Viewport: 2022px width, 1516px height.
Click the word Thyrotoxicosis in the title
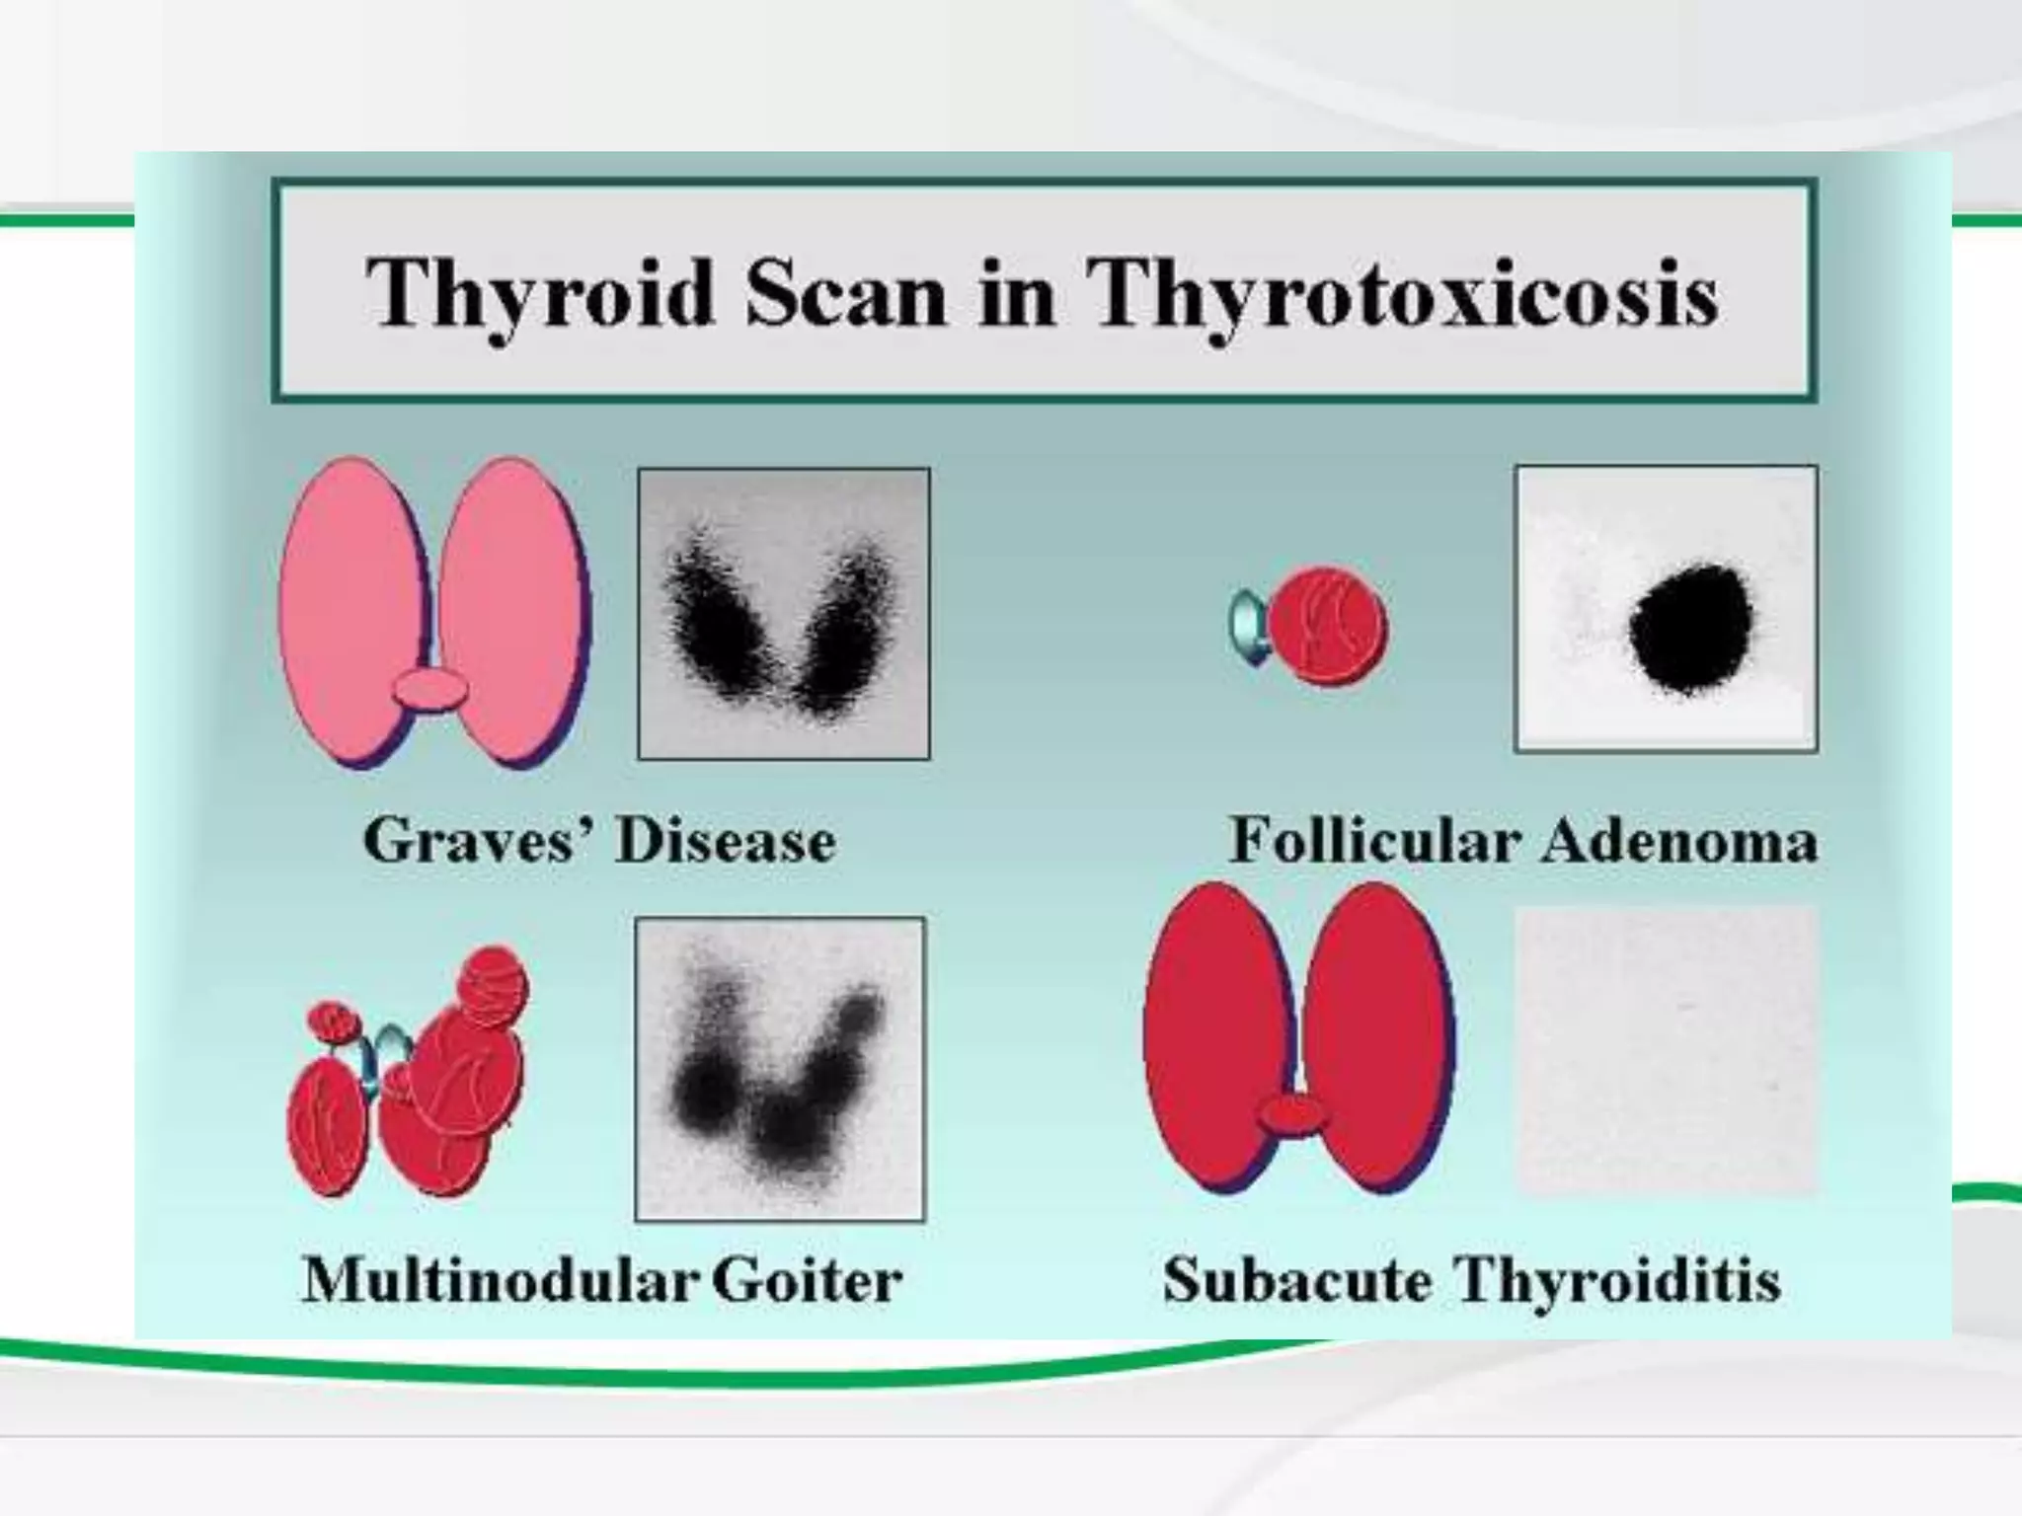pyautogui.click(x=1402, y=294)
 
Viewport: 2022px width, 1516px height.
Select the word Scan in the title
pyautogui.click(x=845, y=294)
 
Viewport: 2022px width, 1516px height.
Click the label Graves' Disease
pyautogui.click(x=599, y=841)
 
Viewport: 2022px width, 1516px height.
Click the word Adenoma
pyautogui.click(x=1678, y=841)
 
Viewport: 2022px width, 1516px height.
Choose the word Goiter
pyautogui.click(x=807, y=1280)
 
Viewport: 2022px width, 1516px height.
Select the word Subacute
pyautogui.click(x=1297, y=1280)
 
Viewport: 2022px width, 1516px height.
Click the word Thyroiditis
pyautogui.click(x=1618, y=1280)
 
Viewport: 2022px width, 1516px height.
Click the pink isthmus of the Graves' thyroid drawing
pyautogui.click(x=430, y=688)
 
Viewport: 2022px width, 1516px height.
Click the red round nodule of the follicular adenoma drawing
pyautogui.click(x=1327, y=626)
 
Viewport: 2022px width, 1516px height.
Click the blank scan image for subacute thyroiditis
pyautogui.click(x=1667, y=1050)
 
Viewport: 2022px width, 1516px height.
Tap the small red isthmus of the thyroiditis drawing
pyautogui.click(x=1292, y=1114)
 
